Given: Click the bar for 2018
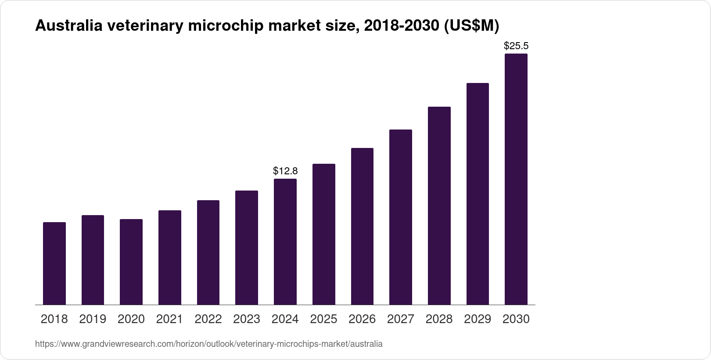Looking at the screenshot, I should point(54,263).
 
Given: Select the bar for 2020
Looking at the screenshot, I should point(131,262).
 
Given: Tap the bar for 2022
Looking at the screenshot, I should point(208,252).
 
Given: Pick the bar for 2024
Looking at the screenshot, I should point(285,241).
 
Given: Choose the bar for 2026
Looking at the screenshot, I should point(362,226).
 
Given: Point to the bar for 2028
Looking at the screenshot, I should point(439,205).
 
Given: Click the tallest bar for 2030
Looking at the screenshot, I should point(516,179).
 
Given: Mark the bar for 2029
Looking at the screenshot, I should point(478,194).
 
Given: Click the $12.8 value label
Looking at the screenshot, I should point(285,170).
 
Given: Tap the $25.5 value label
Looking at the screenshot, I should point(516,46).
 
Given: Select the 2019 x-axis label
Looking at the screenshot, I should point(93,319).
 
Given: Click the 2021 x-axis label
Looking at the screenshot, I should point(169,319).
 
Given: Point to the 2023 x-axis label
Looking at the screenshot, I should point(247,319).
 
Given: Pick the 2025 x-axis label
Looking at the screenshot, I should point(323,319).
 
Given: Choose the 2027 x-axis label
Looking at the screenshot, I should point(400,319).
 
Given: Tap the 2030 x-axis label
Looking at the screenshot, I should point(516,319).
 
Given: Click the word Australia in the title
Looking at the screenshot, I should point(68,26).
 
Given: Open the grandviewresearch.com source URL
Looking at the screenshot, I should point(208,344).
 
